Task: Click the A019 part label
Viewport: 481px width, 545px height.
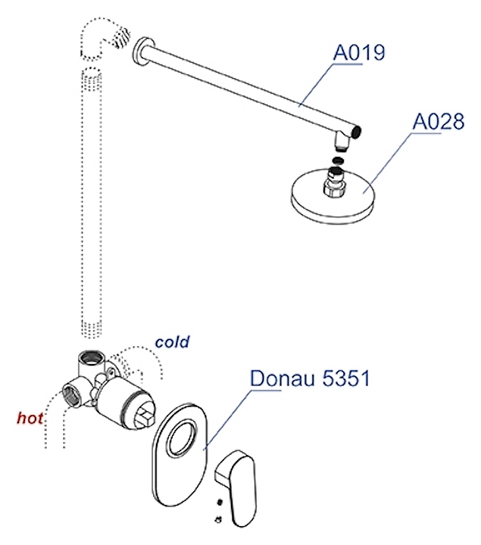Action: tap(359, 53)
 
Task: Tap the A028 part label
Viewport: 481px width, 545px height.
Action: tap(438, 121)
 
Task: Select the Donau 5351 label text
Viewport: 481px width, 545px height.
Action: tap(310, 378)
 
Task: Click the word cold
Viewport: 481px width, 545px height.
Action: tap(172, 341)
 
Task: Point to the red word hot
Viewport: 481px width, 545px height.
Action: tap(31, 417)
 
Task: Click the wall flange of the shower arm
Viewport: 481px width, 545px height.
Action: tap(139, 51)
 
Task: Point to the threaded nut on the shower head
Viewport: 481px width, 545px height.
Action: tap(333, 182)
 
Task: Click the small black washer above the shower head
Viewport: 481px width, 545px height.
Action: tap(338, 160)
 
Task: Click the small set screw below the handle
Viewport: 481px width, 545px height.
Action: tap(218, 518)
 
